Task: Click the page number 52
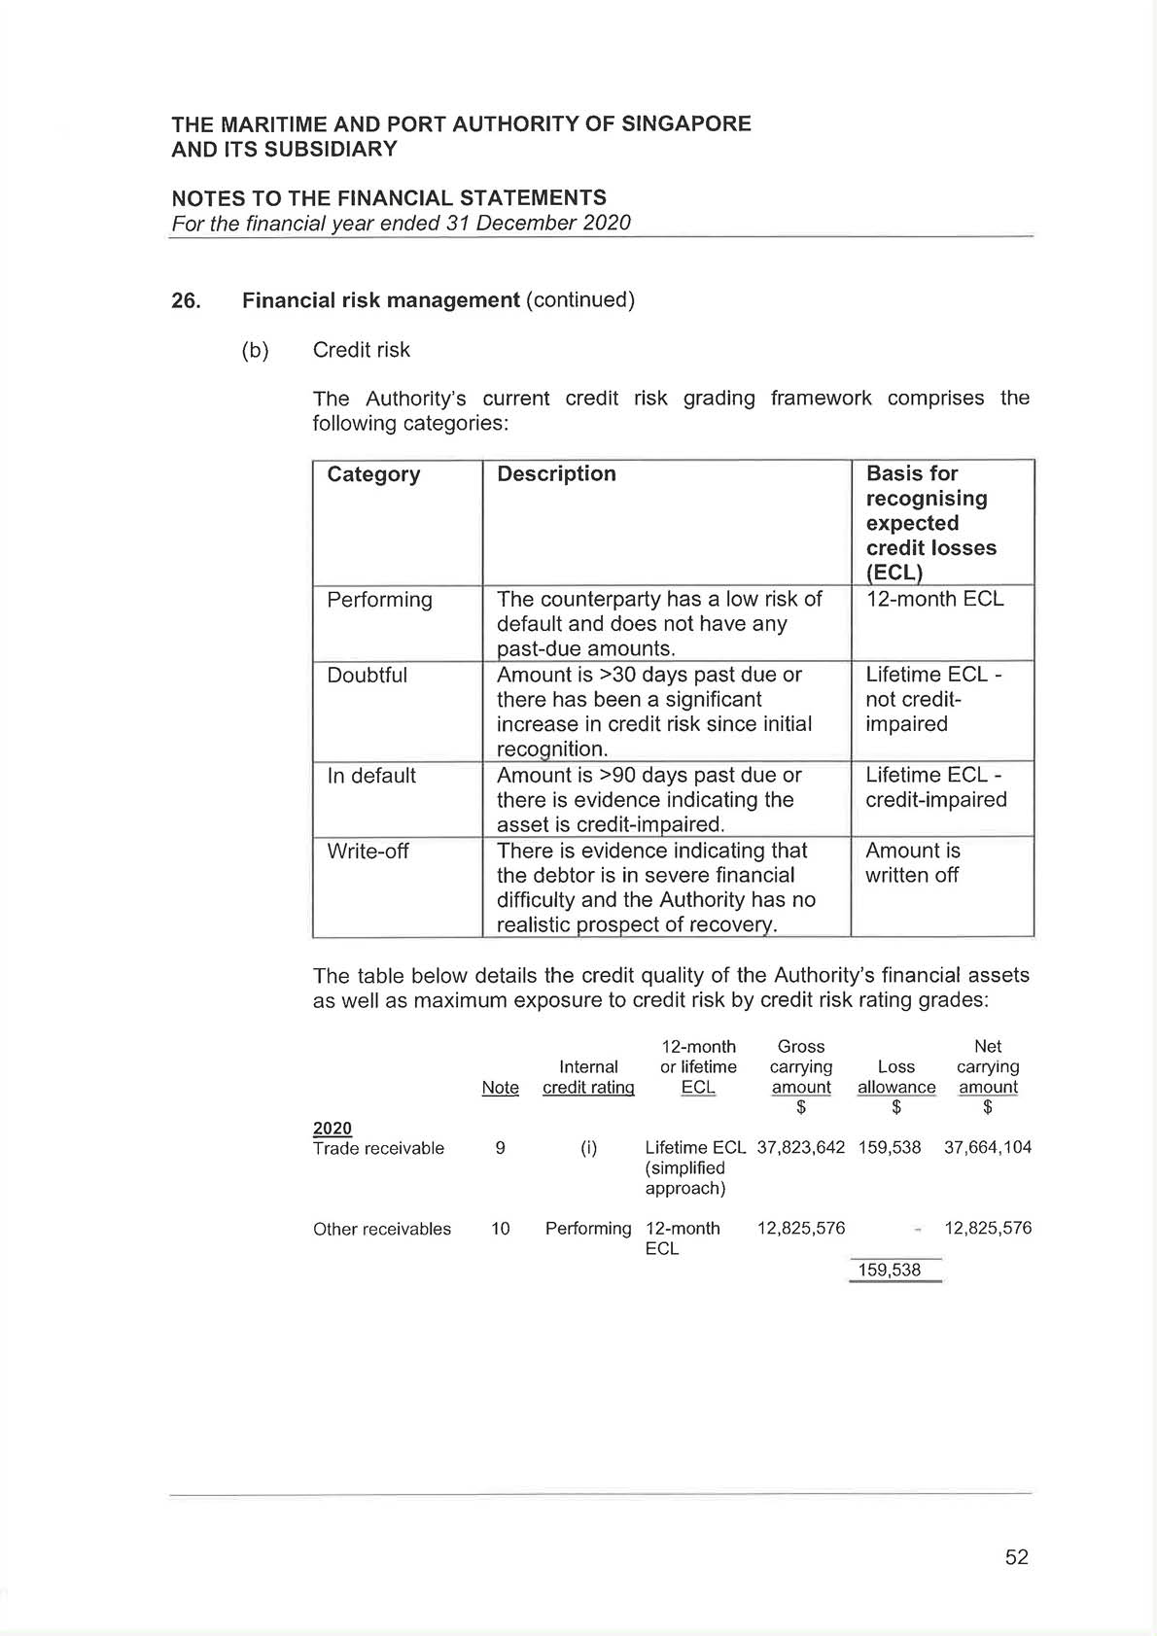click(1016, 1557)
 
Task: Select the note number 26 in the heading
click(186, 300)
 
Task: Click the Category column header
click(373, 474)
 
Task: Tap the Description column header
click(556, 473)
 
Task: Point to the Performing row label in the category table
click(379, 600)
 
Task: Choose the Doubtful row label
click(367, 676)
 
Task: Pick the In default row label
click(371, 776)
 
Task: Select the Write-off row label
click(368, 852)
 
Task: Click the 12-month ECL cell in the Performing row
click(934, 600)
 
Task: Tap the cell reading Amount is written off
click(912, 863)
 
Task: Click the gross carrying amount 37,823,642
click(800, 1148)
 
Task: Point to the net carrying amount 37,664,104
click(987, 1148)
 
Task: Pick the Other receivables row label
click(382, 1229)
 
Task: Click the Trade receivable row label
click(378, 1148)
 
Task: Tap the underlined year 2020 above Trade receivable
click(333, 1128)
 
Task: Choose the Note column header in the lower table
click(500, 1088)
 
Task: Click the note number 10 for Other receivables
click(500, 1229)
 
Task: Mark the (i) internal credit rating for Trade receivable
click(588, 1148)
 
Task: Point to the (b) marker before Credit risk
click(255, 350)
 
